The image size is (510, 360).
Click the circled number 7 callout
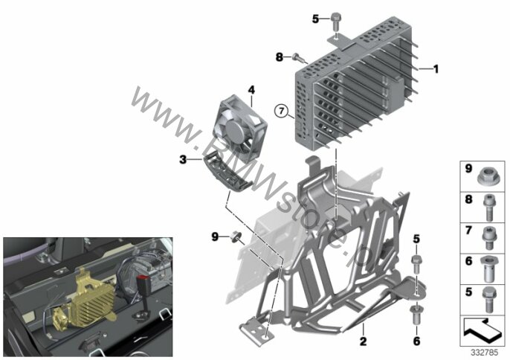281,112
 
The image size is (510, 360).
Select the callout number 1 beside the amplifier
436,69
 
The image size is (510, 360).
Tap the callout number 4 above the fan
251,89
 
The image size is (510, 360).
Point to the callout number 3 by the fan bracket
183,159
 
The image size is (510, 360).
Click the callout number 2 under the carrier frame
363,341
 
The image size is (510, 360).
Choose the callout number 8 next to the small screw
280,57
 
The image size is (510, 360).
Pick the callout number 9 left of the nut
215,237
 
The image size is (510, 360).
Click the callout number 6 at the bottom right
416,341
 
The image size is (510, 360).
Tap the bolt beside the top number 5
336,21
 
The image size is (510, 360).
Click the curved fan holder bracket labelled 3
227,172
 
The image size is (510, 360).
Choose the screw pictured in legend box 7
488,238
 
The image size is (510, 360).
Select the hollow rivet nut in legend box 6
488,269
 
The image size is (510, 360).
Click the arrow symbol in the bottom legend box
482,330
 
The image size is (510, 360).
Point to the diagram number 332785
484,352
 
